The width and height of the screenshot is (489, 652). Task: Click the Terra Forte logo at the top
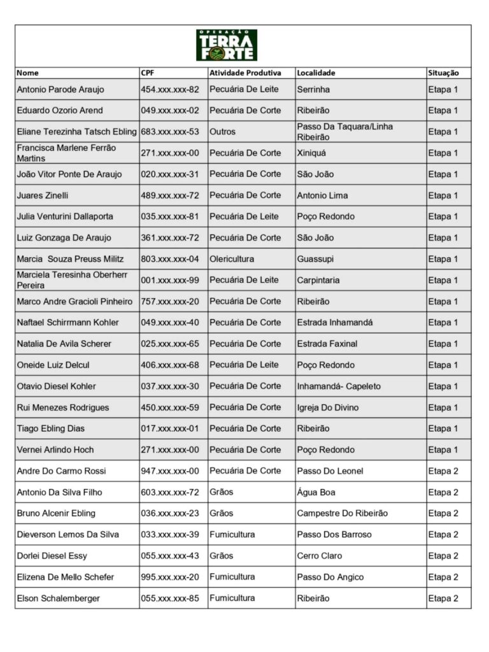[227, 45]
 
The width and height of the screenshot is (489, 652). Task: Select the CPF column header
[148, 73]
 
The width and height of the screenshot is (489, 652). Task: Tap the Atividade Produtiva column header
[245, 73]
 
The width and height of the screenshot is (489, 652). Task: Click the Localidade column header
[316, 73]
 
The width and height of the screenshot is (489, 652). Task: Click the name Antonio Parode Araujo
[60, 90]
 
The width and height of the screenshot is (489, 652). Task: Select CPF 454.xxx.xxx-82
[170, 90]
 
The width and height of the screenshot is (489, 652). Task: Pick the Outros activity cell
[222, 132]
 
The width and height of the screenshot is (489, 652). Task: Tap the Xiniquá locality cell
[311, 153]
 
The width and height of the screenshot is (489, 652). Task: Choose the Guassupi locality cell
[315, 259]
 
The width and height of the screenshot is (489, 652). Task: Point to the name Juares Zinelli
[43, 195]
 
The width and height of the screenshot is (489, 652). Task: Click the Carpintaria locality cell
[318, 280]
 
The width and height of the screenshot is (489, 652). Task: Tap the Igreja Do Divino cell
[328, 407]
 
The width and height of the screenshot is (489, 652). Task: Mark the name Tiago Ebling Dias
[51, 429]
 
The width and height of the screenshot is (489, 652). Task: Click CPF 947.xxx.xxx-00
[170, 471]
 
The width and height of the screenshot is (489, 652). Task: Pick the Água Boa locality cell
[316, 492]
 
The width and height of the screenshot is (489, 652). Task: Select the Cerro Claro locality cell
[320, 556]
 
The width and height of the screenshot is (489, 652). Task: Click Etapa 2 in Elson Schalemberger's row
[443, 599]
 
